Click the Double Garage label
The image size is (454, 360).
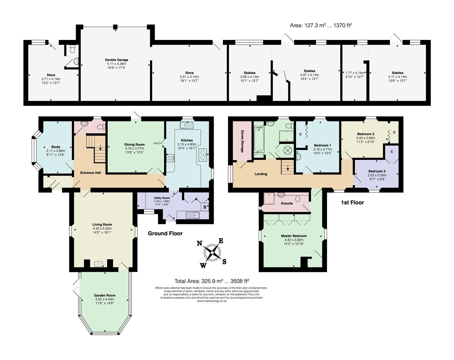pos(117,60)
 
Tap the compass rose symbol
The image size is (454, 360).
pos(212,253)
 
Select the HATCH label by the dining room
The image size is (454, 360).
pos(157,143)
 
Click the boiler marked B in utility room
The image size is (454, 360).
pos(205,207)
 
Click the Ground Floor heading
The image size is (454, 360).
pos(165,233)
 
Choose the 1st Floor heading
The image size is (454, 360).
pos(353,203)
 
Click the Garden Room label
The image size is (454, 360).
pos(105,295)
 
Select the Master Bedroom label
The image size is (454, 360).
pos(294,236)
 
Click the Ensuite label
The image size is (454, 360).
pos(287,203)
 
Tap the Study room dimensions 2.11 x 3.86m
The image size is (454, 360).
pos(56,151)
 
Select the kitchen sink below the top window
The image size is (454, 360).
pos(186,125)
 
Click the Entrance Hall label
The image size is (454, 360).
pos(91,173)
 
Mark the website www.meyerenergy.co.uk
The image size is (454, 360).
pos(212,301)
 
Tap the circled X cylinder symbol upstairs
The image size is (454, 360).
pos(287,151)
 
